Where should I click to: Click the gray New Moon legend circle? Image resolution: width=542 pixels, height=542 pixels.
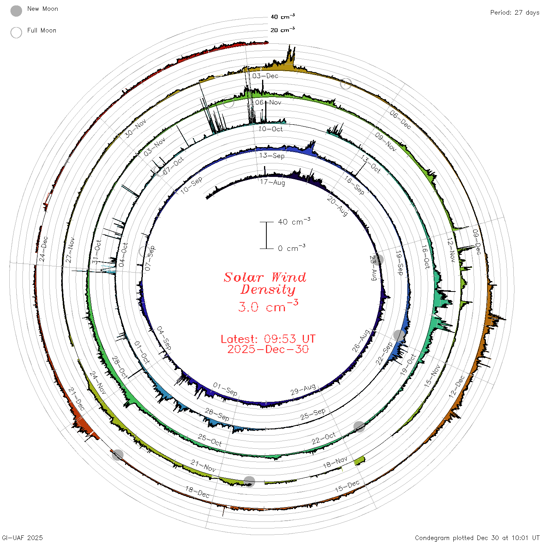(16, 11)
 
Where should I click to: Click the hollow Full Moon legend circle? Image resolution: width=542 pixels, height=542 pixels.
(16, 33)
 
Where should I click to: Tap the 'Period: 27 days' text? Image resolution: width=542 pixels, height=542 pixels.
(515, 13)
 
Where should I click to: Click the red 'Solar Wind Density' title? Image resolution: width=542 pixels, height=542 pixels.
(265, 283)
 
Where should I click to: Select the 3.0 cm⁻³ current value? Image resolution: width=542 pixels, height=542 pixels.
(268, 306)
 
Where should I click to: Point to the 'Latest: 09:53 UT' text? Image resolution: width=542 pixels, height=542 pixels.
(268, 339)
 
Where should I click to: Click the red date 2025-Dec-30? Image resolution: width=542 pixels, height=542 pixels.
(268, 349)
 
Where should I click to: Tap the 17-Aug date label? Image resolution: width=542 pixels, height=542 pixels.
(272, 182)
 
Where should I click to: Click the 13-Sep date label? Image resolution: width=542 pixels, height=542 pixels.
(272, 156)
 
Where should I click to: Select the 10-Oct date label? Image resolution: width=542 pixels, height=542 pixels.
(271, 129)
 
